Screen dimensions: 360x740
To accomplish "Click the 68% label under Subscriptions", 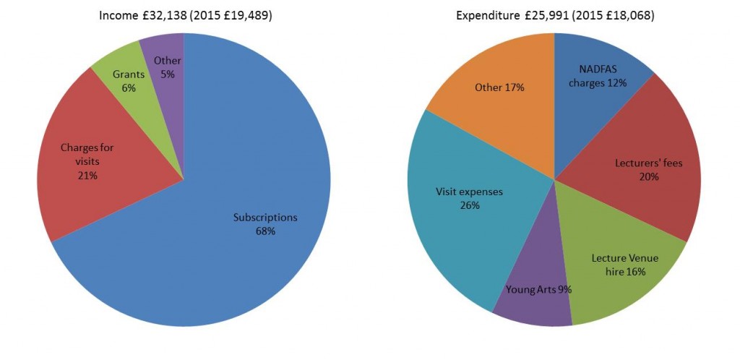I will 265,231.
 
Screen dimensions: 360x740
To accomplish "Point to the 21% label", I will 87,175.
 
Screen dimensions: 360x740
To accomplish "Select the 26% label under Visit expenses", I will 469,205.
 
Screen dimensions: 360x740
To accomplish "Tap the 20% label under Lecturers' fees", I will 648,176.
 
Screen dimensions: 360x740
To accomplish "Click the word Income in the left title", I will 116,15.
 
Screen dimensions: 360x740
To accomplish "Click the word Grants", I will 129,74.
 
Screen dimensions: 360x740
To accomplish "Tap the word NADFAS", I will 598,69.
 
